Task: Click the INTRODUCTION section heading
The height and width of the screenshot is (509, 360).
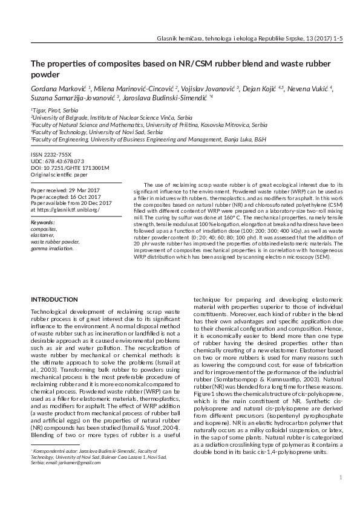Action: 54,299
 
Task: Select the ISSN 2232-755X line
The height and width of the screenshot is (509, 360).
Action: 51,155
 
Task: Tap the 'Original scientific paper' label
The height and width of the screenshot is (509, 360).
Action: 59,175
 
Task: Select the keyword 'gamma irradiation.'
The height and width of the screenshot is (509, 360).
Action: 52,248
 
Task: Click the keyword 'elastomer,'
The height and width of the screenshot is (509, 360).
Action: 44,235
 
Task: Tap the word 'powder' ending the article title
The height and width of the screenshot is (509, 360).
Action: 45,74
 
